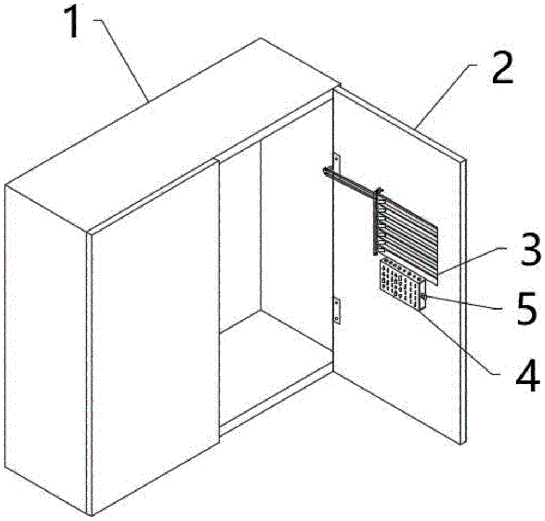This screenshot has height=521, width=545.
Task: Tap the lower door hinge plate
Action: pos(336,311)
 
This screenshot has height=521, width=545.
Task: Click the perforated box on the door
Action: pos(401,284)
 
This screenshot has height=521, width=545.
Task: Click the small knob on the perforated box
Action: pos(424,297)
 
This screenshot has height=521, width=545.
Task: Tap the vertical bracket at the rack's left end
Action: pos(376,223)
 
